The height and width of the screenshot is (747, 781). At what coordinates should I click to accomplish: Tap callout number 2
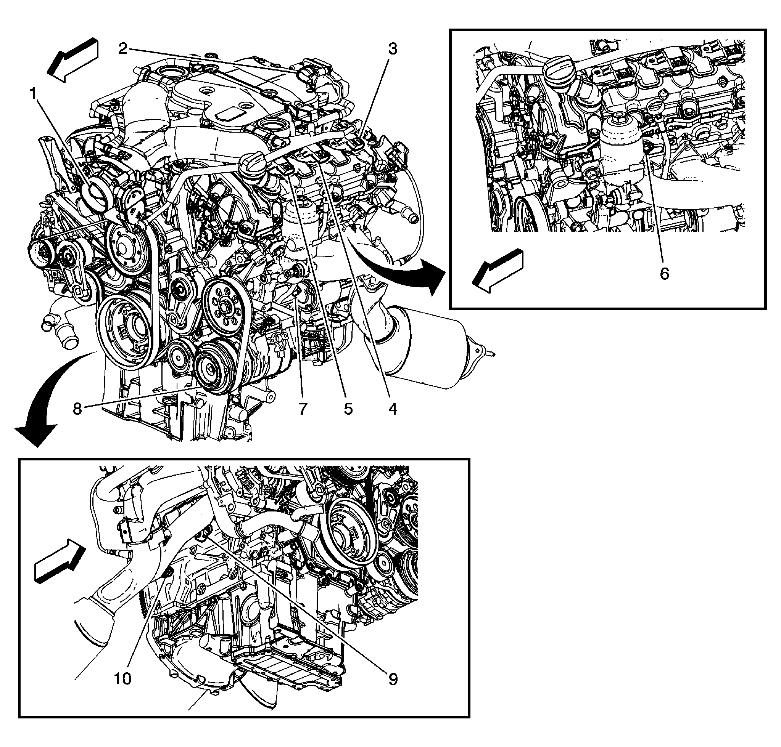[123, 49]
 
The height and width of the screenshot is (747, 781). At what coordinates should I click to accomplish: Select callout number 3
[393, 49]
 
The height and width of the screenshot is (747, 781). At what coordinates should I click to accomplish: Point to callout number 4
[393, 408]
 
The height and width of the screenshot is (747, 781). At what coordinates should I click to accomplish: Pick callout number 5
[348, 408]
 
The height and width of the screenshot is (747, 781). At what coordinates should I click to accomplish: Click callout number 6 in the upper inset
[664, 273]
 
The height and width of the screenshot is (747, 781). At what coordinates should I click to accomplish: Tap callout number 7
[303, 408]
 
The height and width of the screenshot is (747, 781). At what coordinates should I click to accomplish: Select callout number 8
[77, 408]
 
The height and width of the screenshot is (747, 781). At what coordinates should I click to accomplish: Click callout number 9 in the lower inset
[393, 679]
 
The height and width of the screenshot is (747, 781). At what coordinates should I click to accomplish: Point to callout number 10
[123, 679]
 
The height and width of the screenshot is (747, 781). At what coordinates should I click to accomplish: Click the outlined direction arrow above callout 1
[72, 60]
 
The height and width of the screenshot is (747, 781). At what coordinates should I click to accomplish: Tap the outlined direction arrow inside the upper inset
[497, 271]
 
